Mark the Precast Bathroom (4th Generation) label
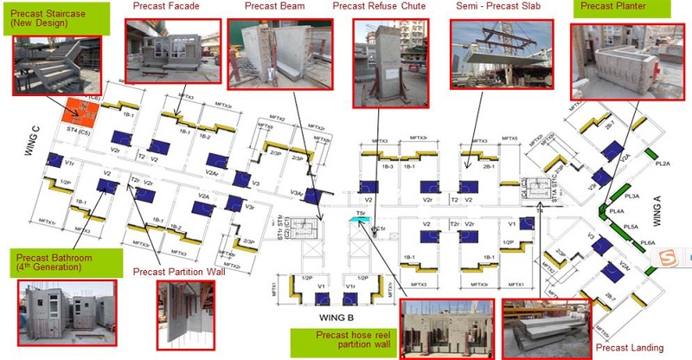(x=53, y=260)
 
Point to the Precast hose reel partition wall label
(x=349, y=340)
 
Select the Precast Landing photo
(x=544, y=329)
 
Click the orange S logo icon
(x=667, y=258)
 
